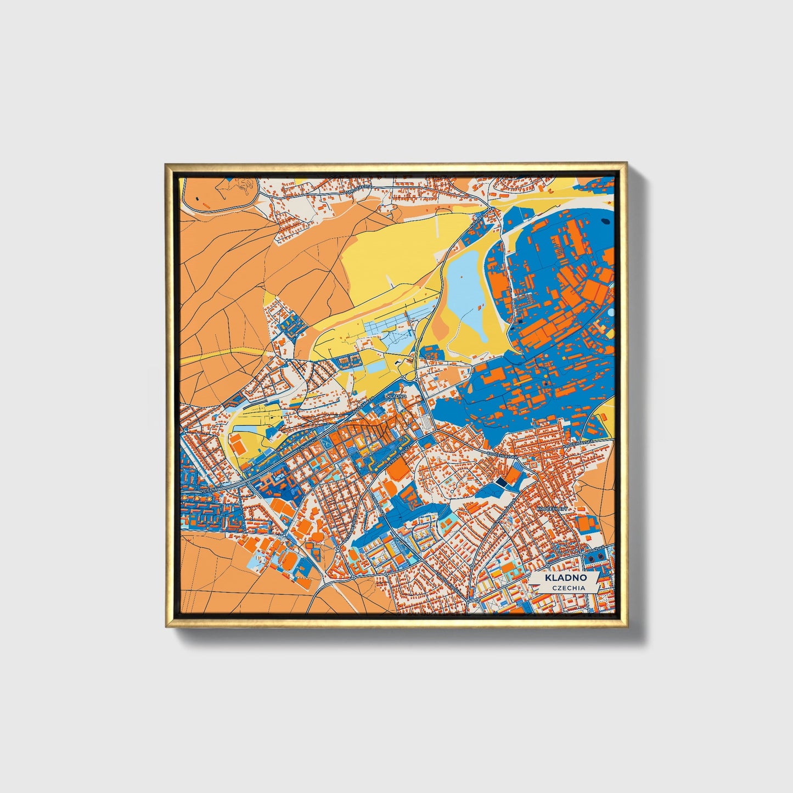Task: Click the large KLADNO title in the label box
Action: pyautogui.click(x=565, y=578)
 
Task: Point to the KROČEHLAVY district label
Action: pyautogui.click(x=554, y=510)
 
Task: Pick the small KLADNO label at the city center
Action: pyautogui.click(x=396, y=395)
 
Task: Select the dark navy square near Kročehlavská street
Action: pyautogui.click(x=500, y=481)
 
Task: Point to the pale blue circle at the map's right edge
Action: pyautogui.click(x=611, y=313)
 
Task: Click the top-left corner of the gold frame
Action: pyautogui.click(x=166, y=164)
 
